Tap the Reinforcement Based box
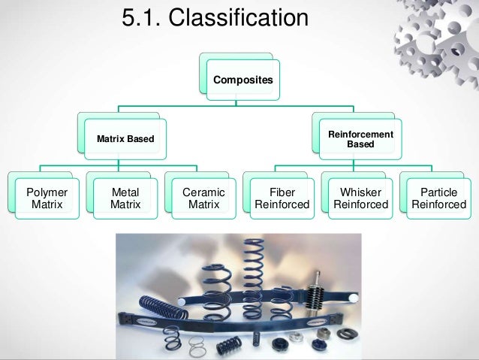tap(360, 138)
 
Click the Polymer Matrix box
tap(46, 198)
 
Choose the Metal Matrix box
tap(125, 198)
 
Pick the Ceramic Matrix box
tap(203, 198)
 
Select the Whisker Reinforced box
tap(360, 198)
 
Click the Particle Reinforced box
tap(438, 198)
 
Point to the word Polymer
tap(46, 192)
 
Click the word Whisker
tap(360, 192)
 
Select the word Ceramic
tap(203, 192)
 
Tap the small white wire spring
tap(197, 344)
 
